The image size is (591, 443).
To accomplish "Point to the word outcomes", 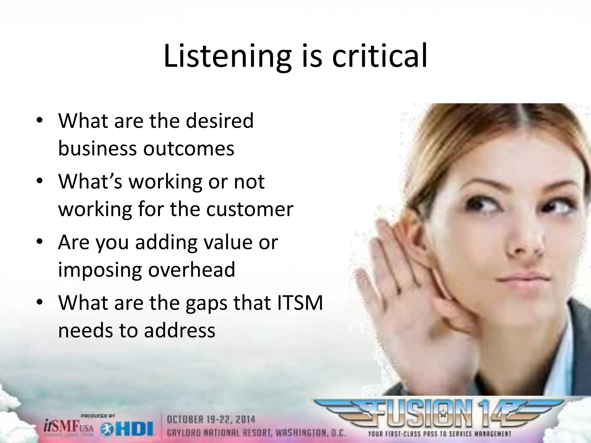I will pos(189,149).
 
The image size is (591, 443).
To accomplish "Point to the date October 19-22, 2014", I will pos(211,419).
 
